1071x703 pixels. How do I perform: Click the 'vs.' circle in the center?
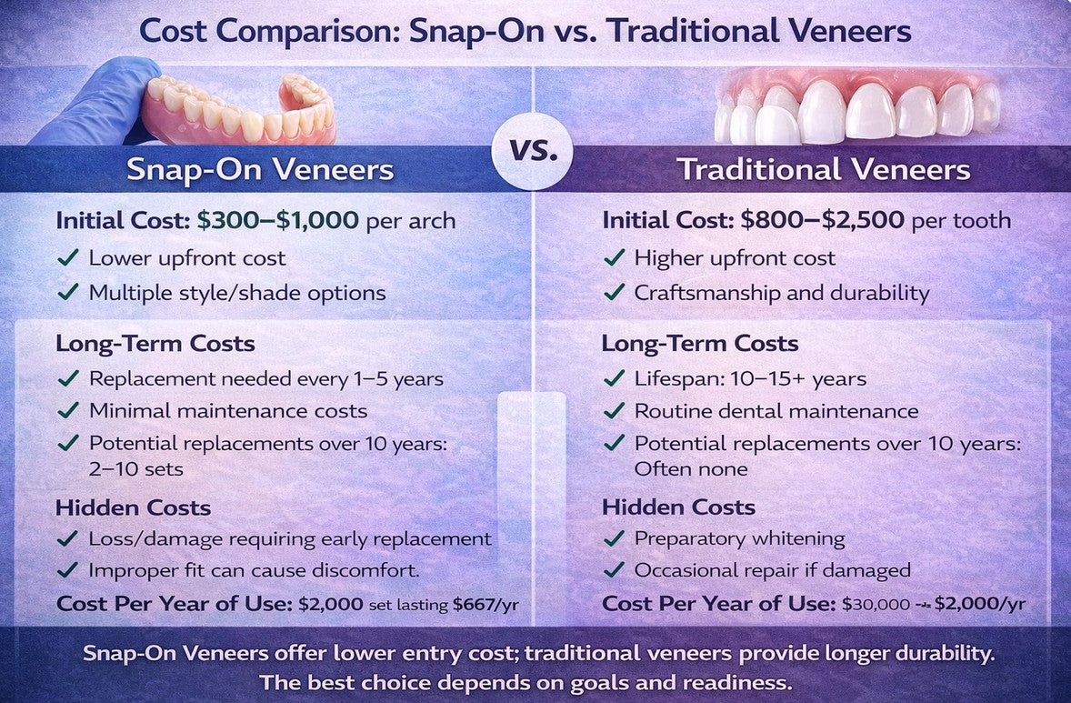click(532, 150)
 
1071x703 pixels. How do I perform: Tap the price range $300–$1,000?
click(278, 221)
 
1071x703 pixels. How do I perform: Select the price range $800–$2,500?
click(823, 221)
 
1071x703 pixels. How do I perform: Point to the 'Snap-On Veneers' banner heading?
click(260, 170)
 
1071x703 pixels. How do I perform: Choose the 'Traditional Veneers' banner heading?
click(824, 170)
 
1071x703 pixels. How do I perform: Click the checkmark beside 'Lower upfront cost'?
click(67, 257)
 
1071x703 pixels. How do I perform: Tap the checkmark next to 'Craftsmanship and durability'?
click(614, 293)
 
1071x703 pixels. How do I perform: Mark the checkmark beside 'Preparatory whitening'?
click(614, 538)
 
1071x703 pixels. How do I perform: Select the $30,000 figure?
click(876, 605)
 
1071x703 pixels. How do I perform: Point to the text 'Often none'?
click(691, 468)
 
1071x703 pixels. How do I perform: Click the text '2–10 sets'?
click(136, 469)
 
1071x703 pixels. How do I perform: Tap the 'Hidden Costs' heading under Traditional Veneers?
click(678, 507)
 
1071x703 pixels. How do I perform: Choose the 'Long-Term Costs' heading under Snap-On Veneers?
click(155, 343)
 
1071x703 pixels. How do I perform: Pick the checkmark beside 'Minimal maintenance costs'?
click(67, 410)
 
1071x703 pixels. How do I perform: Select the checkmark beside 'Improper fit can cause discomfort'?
click(67, 570)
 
